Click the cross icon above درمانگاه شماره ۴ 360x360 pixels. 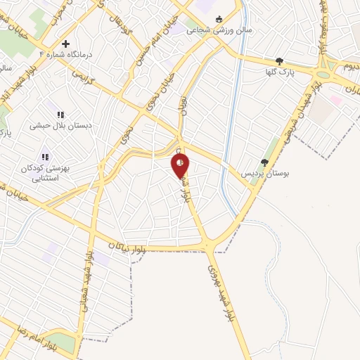point(85,44)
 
